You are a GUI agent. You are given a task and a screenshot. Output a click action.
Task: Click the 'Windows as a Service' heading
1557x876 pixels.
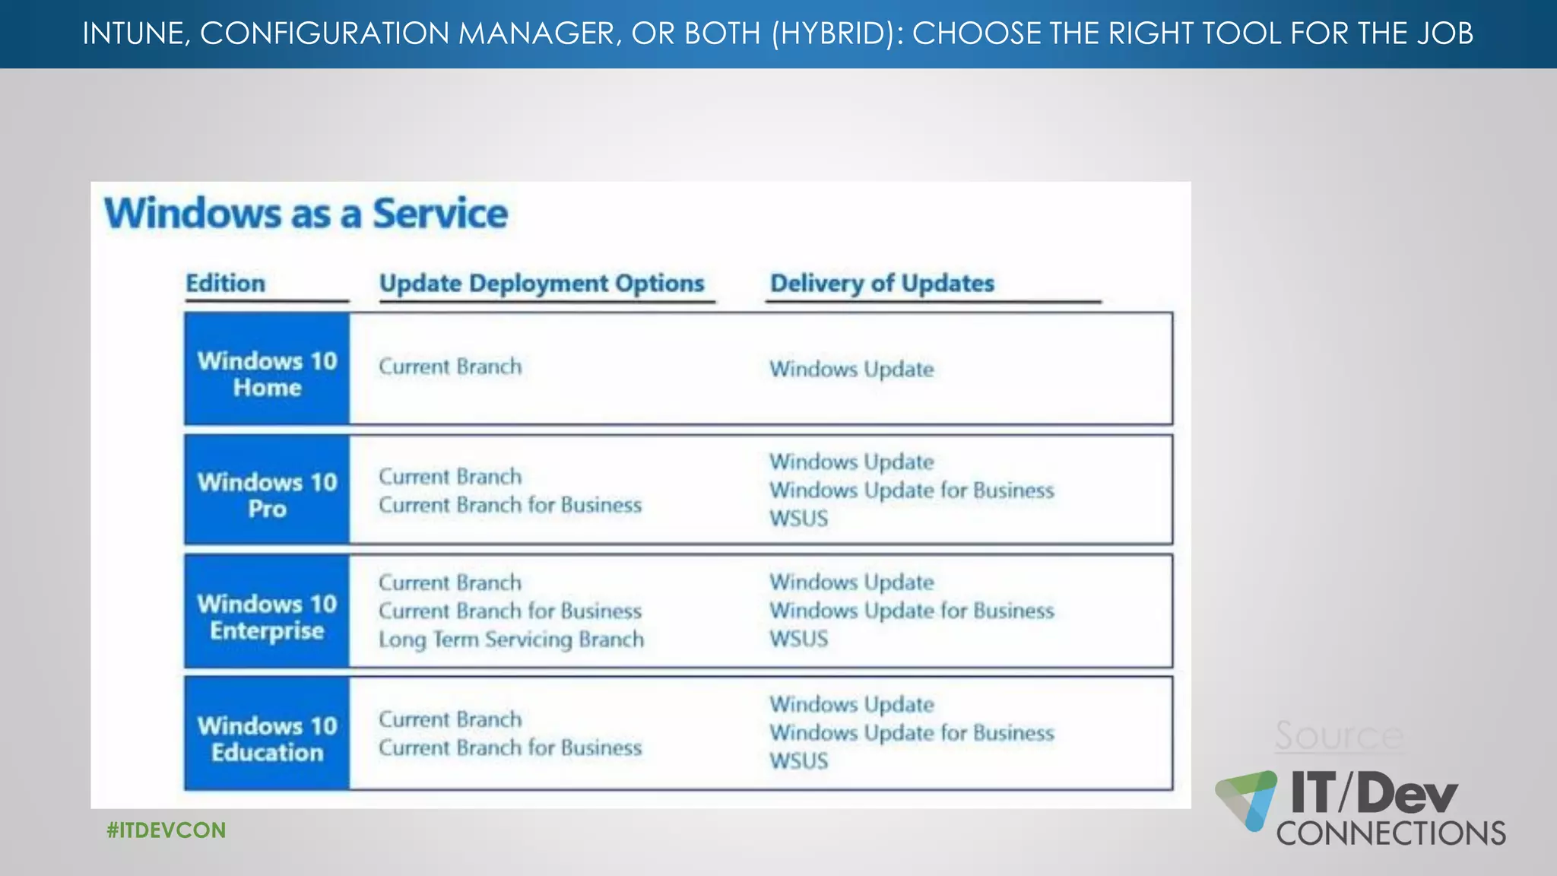point(306,214)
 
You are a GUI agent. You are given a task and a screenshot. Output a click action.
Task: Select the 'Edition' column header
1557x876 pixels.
point(226,283)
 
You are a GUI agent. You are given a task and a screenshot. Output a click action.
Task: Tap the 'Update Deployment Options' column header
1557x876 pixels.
point(541,283)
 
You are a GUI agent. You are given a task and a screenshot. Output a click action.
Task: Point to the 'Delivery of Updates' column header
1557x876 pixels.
point(882,283)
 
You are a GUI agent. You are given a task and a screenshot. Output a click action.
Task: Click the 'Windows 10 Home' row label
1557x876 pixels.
point(267,373)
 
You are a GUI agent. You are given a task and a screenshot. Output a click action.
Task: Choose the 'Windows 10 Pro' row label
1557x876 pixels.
point(267,495)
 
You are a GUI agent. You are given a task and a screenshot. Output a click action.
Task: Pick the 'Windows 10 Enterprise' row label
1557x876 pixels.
point(267,617)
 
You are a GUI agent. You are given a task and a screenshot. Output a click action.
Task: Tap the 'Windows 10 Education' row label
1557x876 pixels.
point(267,738)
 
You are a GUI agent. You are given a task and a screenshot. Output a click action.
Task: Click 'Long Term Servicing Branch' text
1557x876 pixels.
point(511,640)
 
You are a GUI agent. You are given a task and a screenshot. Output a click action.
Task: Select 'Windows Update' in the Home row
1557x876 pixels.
point(851,369)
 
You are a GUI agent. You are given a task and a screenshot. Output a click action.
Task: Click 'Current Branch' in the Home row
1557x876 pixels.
point(450,367)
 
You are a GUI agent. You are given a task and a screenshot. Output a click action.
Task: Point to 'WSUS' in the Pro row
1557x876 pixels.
point(798,519)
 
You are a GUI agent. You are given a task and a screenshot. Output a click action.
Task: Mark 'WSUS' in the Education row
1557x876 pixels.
point(798,760)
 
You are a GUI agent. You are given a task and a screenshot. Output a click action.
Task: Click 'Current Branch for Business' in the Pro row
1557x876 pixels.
point(510,505)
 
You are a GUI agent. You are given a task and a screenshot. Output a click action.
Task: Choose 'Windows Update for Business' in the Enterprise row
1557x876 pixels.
point(912,611)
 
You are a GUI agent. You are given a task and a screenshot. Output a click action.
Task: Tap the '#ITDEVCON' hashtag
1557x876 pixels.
point(166,830)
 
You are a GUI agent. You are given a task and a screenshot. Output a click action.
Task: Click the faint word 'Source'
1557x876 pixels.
point(1339,735)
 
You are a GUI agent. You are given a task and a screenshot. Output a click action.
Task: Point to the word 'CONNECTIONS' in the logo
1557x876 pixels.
point(1391,833)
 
